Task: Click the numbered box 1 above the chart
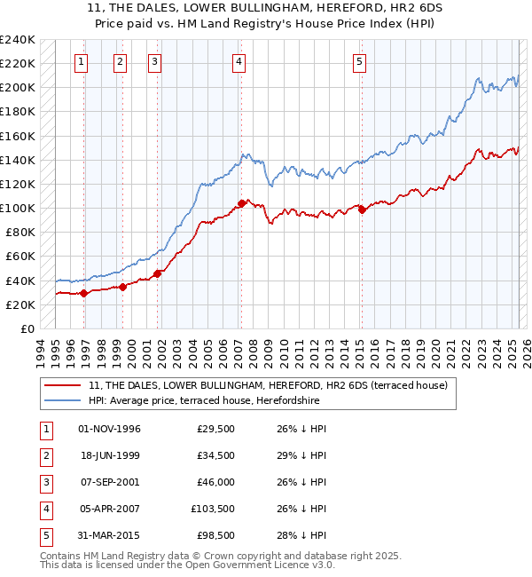coord(81,61)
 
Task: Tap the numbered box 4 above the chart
coord(239,61)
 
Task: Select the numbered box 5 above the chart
coord(359,61)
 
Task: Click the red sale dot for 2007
coord(241,204)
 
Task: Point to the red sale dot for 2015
coord(362,209)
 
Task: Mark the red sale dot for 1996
coord(84,293)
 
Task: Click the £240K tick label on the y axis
coord(18,40)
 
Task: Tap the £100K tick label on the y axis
coord(18,208)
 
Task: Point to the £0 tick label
coord(27,328)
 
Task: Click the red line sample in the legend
coord(62,385)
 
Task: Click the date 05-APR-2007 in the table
coord(110,509)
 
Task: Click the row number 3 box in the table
coord(45,482)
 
